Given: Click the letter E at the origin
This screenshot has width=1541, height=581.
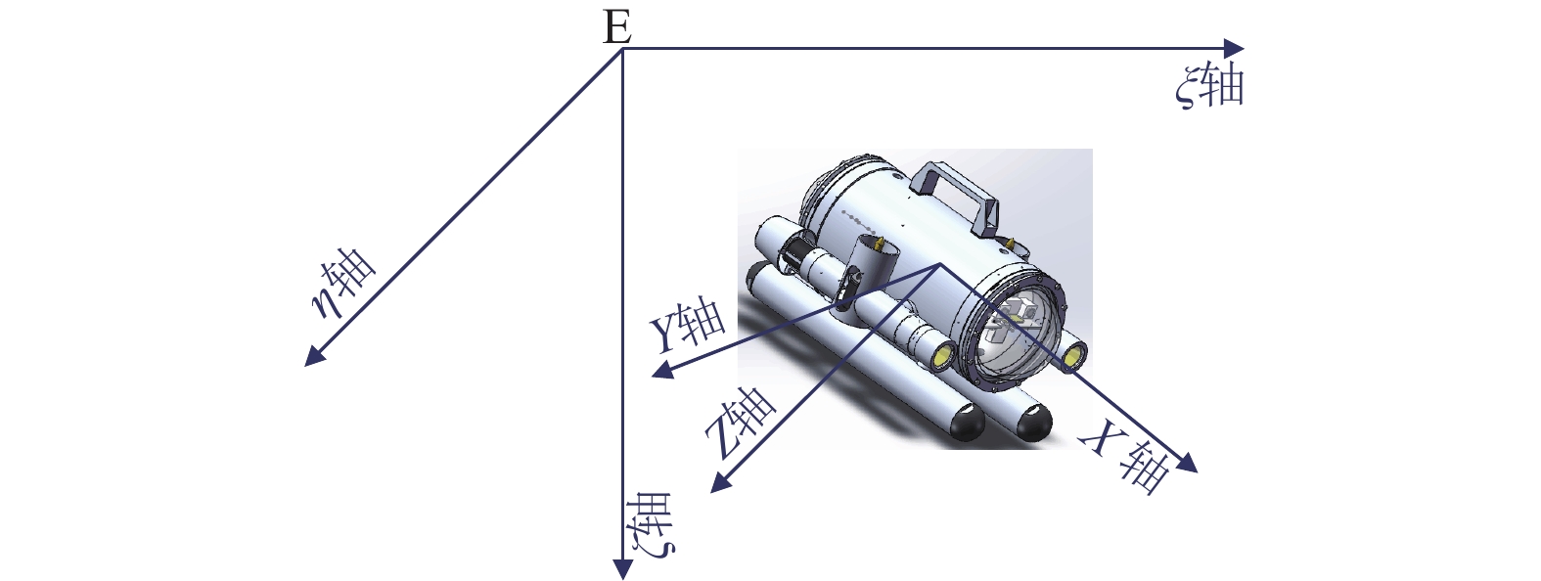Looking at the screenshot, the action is [x=617, y=29].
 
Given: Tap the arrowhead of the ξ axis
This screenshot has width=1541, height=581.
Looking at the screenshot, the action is [x=1234, y=48].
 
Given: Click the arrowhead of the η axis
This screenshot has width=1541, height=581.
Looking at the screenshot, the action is [x=314, y=355].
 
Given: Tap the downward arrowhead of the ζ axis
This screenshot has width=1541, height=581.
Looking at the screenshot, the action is [x=622, y=569].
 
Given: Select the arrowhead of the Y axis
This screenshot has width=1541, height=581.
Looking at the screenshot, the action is [x=661, y=372].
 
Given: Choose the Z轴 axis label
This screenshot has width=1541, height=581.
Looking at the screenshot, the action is [x=741, y=424].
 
